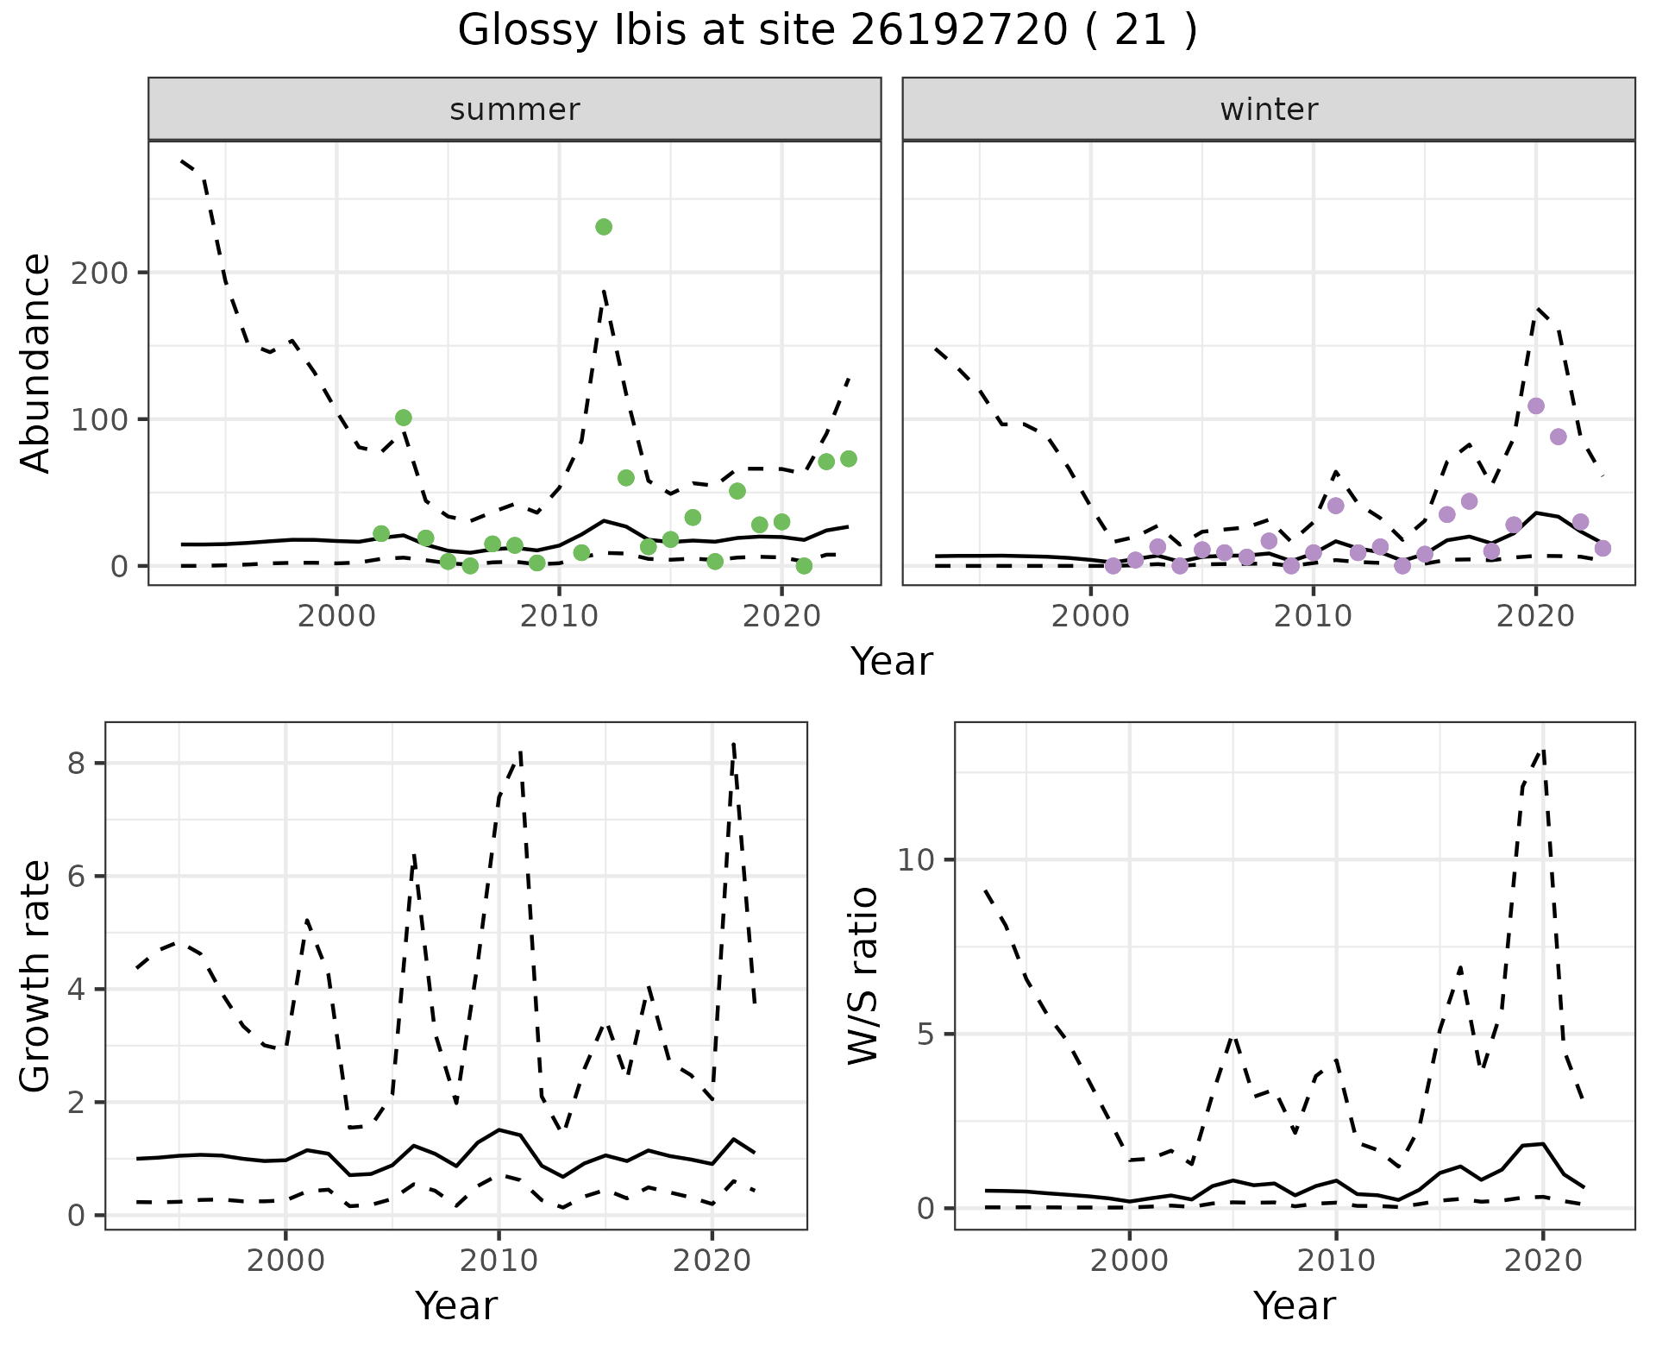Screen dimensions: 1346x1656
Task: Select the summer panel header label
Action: [x=515, y=110]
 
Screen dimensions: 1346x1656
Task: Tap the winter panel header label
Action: [x=1269, y=110]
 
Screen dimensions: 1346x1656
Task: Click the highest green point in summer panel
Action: [x=604, y=227]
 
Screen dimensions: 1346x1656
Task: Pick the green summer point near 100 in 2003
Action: [x=404, y=418]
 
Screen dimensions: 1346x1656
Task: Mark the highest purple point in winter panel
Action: [x=1536, y=406]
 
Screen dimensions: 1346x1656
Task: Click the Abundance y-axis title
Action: [x=36, y=362]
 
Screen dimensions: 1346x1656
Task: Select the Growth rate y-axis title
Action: [x=36, y=976]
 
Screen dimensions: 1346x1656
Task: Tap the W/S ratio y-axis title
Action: [x=862, y=976]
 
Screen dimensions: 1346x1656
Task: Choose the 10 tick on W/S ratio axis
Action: [x=915, y=860]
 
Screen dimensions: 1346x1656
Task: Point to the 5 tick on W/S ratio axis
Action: [x=925, y=1035]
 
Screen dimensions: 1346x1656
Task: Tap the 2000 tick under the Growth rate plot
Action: [x=285, y=1261]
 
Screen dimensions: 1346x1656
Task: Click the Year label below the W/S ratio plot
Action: [x=1294, y=1305]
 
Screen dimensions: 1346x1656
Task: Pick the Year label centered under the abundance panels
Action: [x=892, y=662]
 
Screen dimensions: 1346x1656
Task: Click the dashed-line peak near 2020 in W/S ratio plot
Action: [x=1543, y=750]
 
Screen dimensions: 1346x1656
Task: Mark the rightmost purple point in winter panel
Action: [x=1603, y=548]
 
